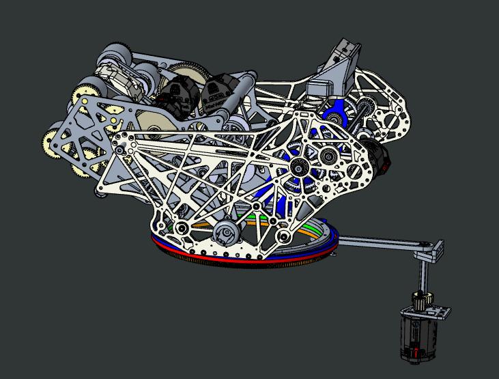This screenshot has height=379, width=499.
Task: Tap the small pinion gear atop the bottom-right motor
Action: (x=419, y=298)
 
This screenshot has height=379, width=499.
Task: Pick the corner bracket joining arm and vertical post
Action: (x=432, y=251)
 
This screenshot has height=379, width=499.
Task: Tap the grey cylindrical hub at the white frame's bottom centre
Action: (x=224, y=234)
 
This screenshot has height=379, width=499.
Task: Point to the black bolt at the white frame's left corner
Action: (x=121, y=149)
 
